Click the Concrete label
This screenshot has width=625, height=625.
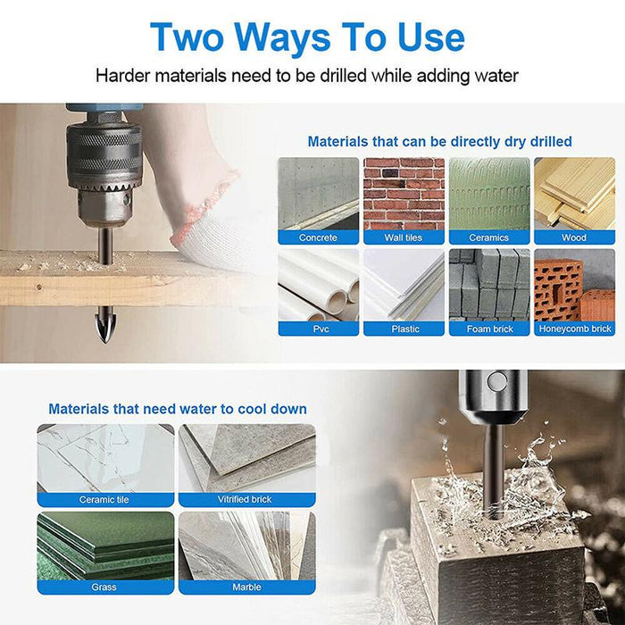point(318,237)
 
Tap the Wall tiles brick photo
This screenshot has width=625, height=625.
point(404,194)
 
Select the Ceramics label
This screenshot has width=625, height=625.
point(488,237)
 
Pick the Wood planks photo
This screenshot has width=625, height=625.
point(574,194)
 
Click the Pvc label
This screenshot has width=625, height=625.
point(321,329)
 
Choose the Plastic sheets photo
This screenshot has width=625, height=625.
point(404,286)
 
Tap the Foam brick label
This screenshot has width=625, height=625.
point(489,329)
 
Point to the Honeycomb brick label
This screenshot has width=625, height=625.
point(574,329)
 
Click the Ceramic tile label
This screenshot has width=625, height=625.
point(104,499)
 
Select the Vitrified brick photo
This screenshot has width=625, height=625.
point(247,458)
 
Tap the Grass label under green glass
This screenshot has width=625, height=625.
point(104,587)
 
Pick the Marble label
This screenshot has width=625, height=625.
point(246,587)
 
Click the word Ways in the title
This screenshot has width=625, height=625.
point(282,37)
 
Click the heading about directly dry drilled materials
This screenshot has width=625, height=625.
point(439,141)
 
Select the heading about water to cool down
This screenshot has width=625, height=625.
point(178,409)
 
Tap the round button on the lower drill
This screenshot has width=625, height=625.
point(497,381)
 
